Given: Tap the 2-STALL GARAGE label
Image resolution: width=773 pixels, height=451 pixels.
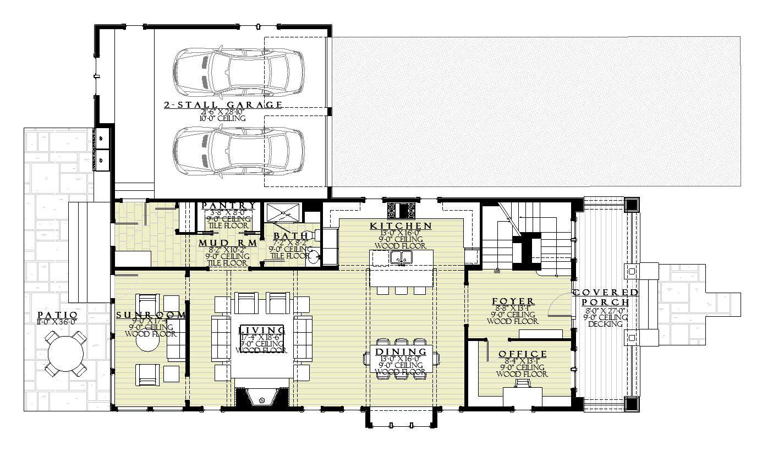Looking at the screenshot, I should (223, 105).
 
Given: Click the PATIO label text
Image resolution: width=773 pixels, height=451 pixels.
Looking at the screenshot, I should (57, 314).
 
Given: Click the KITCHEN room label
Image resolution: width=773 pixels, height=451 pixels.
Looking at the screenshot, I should (401, 226).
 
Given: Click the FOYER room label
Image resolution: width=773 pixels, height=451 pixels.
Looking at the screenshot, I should (513, 301).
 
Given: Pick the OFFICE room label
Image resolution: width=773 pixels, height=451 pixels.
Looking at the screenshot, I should (523, 354).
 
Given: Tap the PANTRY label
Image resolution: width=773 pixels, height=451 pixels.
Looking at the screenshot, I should (228, 206).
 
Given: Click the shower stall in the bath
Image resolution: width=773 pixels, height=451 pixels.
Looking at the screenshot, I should (283, 212).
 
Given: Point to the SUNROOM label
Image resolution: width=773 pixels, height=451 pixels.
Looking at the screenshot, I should (150, 315).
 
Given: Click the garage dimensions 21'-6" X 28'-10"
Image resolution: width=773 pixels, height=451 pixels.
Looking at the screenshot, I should (223, 112).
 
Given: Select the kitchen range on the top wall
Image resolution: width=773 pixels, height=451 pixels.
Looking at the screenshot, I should (401, 211).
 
